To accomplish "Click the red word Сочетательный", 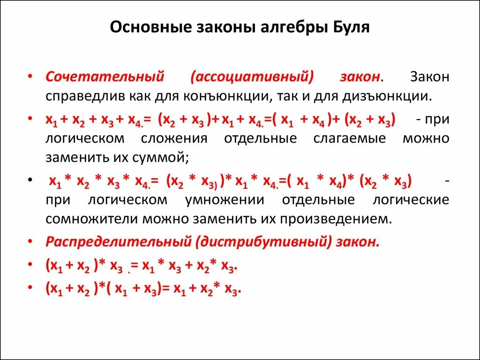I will click(x=104, y=76).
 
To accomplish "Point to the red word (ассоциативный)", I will click(x=252, y=76).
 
